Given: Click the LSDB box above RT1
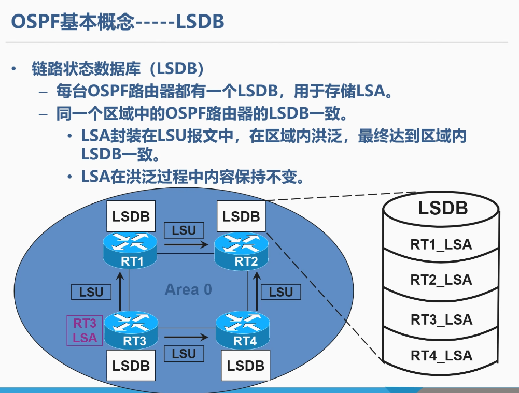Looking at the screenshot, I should point(131,216).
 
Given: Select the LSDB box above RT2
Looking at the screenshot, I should point(241,216).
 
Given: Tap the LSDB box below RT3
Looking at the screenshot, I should point(131,366).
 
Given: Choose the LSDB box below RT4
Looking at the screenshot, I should point(246,366).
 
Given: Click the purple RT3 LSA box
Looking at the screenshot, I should point(85,330).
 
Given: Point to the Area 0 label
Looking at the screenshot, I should point(188,289).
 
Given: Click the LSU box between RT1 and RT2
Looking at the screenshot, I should point(184,230).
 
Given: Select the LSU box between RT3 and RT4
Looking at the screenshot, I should point(184,354).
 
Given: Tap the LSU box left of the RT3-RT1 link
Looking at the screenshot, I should point(91,292).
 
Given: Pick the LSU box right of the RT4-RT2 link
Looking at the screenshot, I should point(281,292).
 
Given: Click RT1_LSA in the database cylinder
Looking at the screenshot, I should point(441,244).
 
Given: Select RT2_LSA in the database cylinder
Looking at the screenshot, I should point(441,280).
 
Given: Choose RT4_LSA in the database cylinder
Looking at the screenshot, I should point(441,355).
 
